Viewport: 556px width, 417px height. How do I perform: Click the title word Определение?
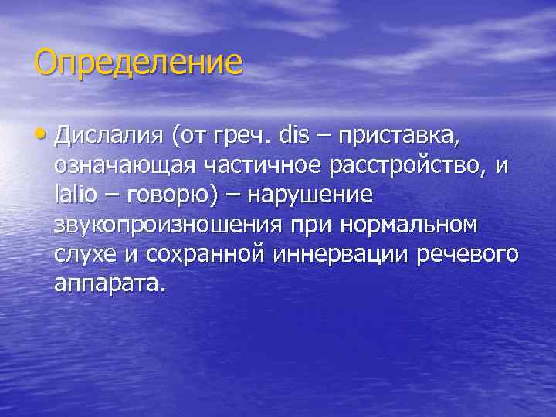(137, 63)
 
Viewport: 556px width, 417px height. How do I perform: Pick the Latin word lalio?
(76, 195)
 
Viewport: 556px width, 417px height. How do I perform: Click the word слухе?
(85, 254)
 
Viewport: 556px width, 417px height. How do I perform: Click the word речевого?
(467, 254)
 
